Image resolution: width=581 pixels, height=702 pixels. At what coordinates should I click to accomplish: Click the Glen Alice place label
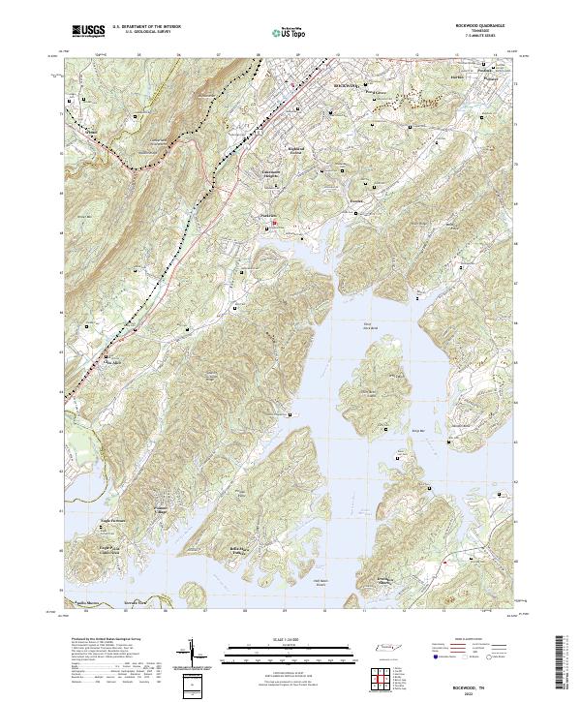(114, 363)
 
